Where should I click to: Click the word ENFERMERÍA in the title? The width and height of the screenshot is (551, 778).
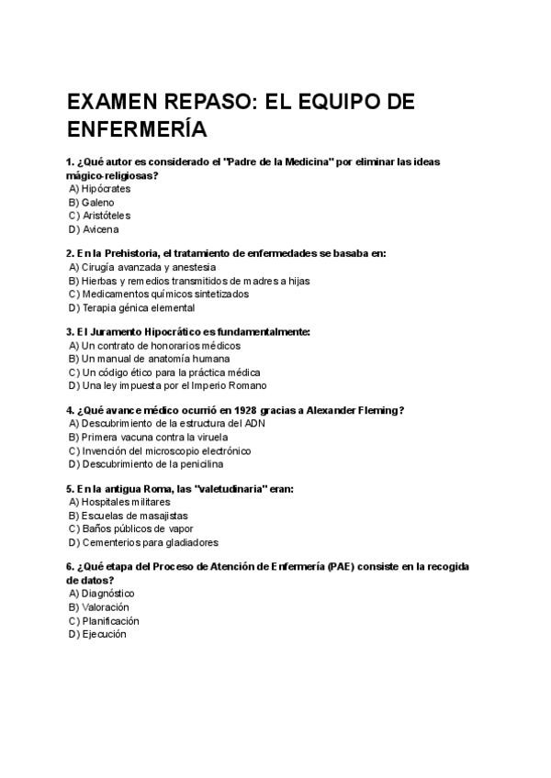tap(137, 128)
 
